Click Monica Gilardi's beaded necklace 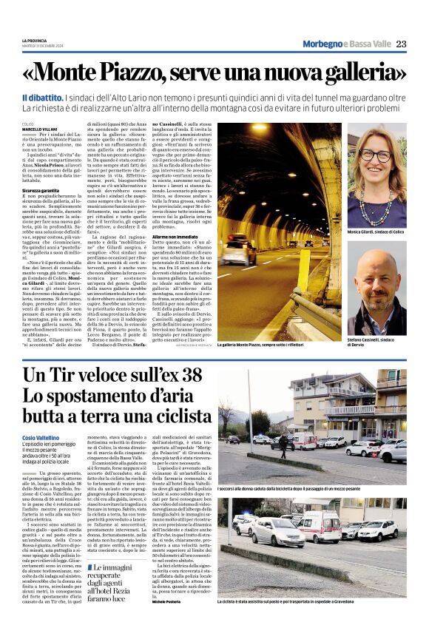tap(377, 211)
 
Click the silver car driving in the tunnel tap(238, 252)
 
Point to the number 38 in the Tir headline tap(186, 375)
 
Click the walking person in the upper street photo tap(303, 445)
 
